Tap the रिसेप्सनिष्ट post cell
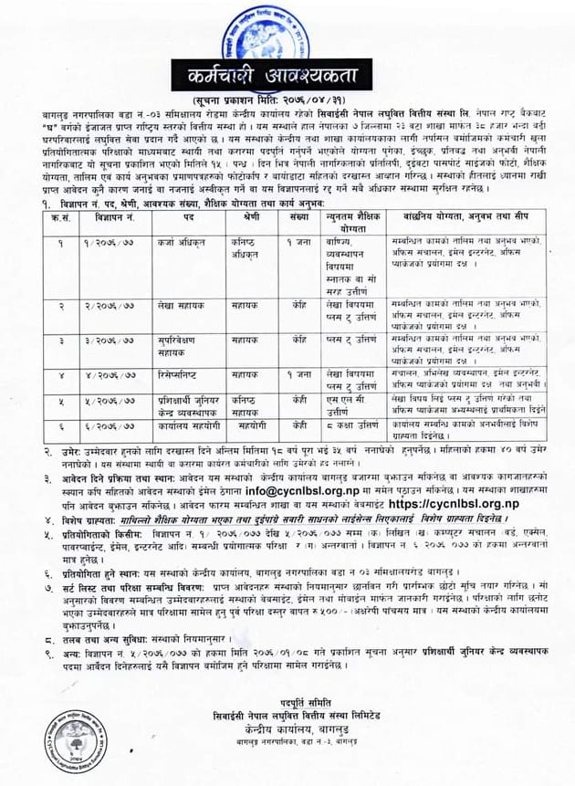tap(183, 375)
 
